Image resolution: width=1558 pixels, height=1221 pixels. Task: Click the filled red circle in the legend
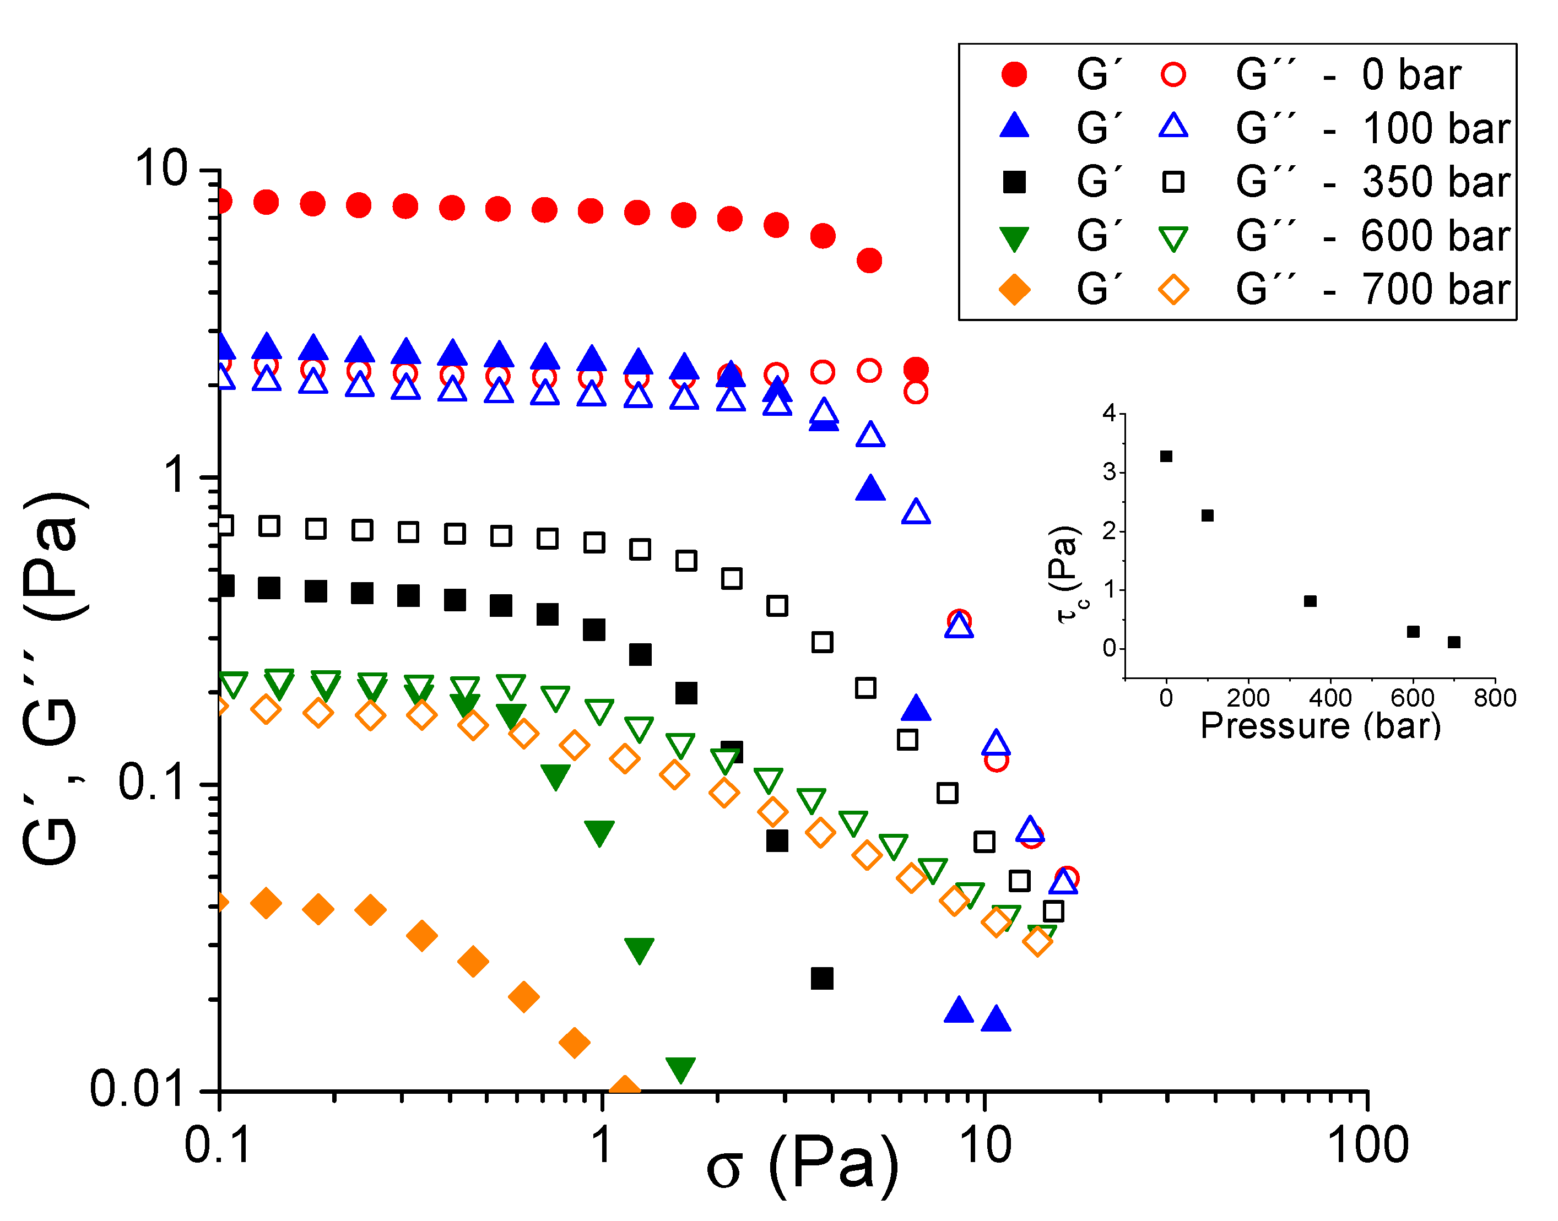1014,74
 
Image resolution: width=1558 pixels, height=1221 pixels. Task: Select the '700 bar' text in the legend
1435,290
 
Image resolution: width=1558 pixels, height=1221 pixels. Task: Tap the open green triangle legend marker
1173,238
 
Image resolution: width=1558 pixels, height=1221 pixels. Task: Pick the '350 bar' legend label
1435,182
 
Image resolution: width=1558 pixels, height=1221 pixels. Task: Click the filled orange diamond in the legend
1014,290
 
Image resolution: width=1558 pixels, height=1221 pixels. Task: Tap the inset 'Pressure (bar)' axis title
1320,725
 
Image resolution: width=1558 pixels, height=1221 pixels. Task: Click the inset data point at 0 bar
1166,456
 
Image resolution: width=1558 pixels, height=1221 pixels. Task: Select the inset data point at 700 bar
1454,642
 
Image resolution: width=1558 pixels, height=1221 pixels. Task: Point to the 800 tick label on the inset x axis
1494,698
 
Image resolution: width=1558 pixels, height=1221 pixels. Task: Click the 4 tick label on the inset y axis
1109,413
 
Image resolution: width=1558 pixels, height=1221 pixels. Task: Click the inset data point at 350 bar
1310,601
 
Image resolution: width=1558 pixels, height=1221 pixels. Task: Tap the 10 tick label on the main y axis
160,170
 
